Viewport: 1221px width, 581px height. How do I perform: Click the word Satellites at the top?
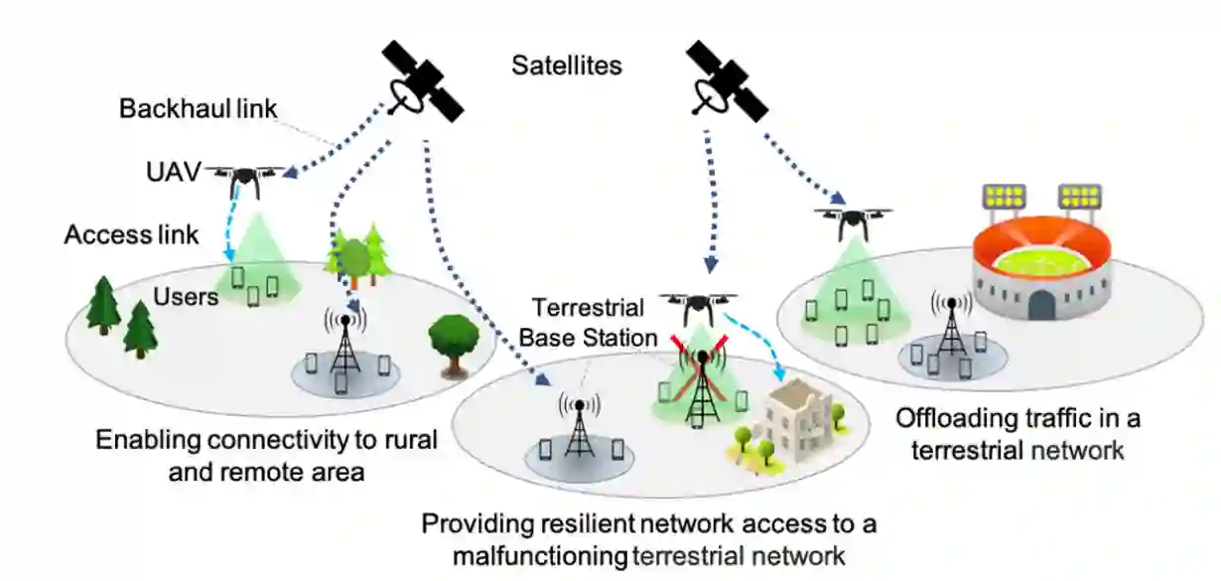[567, 67]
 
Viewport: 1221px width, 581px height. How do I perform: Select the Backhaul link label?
[197, 108]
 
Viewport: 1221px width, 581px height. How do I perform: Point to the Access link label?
[131, 235]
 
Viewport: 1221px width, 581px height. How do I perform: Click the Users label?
[186, 296]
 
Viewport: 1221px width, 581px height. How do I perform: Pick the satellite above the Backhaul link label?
[423, 80]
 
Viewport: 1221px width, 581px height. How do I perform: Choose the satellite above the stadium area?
[726, 80]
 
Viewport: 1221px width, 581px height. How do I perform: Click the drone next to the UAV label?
[243, 180]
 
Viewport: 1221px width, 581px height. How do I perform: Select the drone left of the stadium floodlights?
[852, 221]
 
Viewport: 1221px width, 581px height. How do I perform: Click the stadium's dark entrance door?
[1041, 304]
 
